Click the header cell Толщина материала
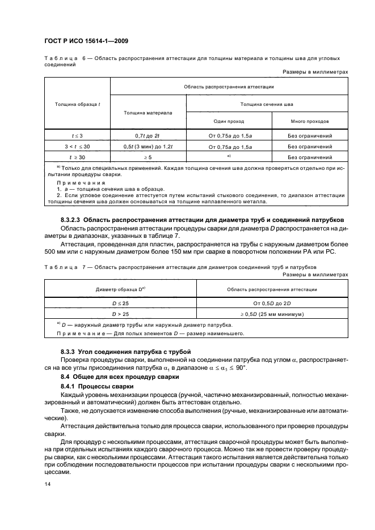pyautogui.click(x=148, y=113)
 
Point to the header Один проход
pyautogui.click(x=228, y=122)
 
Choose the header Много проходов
pyautogui.click(x=310, y=122)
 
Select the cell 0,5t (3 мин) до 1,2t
pyautogui.click(x=148, y=147)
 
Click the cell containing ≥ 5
pyautogui.click(x=148, y=157)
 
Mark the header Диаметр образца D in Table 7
pyautogui.click(x=121, y=289)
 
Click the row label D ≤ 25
pyautogui.click(x=121, y=304)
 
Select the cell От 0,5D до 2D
pyautogui.click(x=272, y=304)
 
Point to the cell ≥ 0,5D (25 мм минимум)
pyautogui.click(x=272, y=313)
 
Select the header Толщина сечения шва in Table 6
pyautogui.click(x=267, y=104)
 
